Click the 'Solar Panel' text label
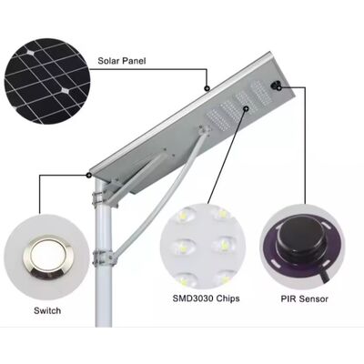122,61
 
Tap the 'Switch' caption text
47,310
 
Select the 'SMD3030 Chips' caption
206,298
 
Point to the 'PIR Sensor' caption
304,299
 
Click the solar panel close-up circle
47,81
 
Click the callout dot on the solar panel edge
207,88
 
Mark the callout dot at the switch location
89,175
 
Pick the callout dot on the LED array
246,108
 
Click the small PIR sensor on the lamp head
276,86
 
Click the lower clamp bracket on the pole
103,258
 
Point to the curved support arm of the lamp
157,194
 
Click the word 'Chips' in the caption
227,298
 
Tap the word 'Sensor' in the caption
314,299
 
